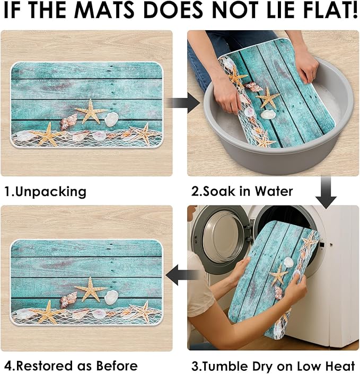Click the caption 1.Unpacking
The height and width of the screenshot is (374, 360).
tap(46, 192)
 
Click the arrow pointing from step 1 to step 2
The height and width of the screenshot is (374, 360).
tap(183, 103)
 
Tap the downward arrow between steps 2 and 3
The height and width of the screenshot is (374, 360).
tap(326, 192)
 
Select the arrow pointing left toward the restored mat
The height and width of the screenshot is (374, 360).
tap(182, 275)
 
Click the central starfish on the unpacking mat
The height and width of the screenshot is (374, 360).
tap(91, 112)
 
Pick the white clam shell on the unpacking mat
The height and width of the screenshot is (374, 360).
tap(111, 119)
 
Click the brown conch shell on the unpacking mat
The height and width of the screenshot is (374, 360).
tap(68, 122)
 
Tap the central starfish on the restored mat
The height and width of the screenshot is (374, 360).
tap(91, 289)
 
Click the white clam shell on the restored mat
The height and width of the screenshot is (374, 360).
tap(111, 297)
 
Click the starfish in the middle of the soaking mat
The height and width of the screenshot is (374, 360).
tap(268, 97)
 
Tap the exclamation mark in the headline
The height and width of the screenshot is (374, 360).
tap(355, 10)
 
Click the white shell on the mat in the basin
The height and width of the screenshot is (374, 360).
tap(267, 114)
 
